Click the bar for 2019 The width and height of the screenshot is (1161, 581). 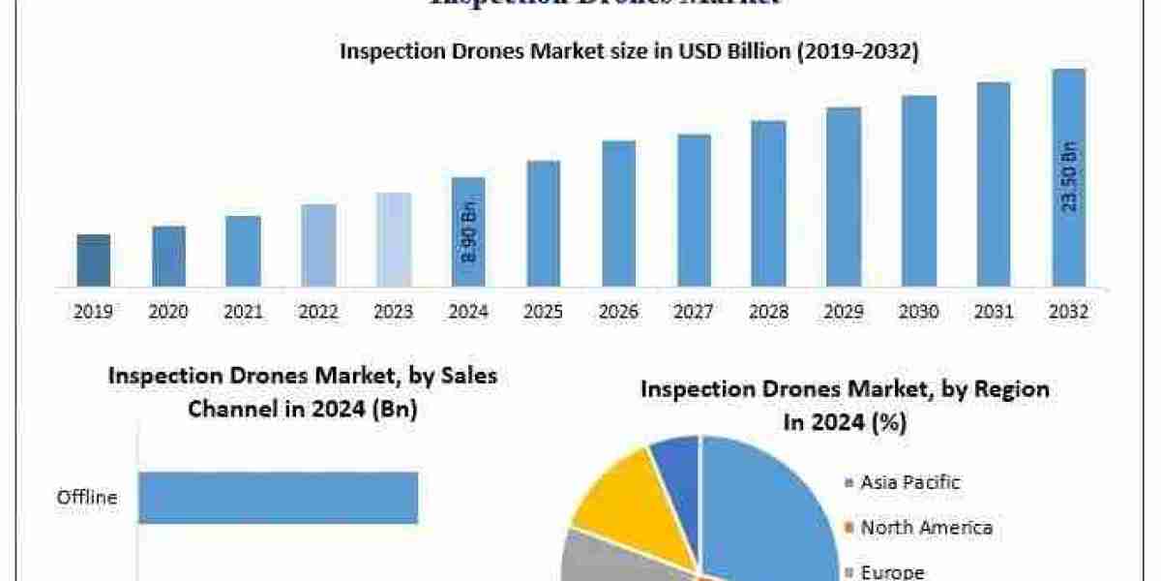(x=94, y=260)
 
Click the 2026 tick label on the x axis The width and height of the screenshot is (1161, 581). (x=618, y=312)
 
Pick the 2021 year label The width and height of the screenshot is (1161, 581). (x=243, y=312)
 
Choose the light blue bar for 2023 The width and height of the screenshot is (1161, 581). (x=393, y=240)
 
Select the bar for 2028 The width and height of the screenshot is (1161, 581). (x=768, y=203)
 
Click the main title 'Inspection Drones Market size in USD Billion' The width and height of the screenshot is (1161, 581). (x=628, y=52)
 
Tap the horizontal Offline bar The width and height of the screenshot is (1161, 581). (x=278, y=498)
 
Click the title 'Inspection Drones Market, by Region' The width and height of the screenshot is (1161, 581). (x=845, y=389)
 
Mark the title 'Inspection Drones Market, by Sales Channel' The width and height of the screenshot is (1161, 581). (x=303, y=376)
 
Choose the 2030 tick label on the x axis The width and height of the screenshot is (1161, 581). (x=918, y=312)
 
